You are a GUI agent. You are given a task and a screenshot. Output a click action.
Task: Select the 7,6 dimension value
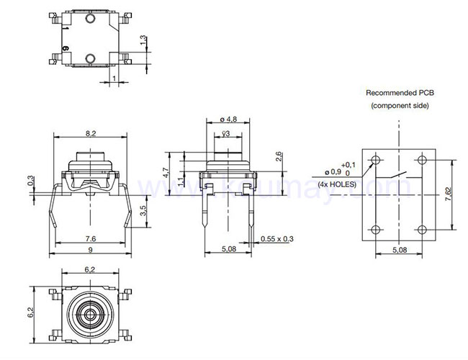pos(90,238)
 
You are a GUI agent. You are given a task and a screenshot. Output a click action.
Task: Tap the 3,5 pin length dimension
pos(143,211)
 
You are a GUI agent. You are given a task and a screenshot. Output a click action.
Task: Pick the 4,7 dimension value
pos(166,173)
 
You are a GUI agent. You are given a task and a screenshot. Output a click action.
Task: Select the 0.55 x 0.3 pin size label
pos(278,238)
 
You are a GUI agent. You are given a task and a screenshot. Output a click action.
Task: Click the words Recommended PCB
pos(400,93)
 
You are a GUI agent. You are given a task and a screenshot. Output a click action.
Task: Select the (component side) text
pos(400,106)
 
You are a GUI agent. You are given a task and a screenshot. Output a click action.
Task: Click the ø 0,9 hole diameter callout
pos(332,172)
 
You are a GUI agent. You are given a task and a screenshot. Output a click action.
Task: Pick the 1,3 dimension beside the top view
pos(143,42)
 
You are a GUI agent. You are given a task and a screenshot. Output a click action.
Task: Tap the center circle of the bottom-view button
pos(89,315)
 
